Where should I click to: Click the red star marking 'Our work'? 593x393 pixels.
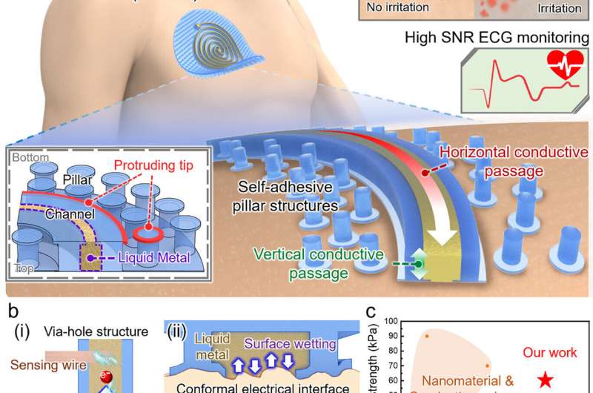point(546,380)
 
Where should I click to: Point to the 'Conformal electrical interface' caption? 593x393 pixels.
point(268,386)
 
